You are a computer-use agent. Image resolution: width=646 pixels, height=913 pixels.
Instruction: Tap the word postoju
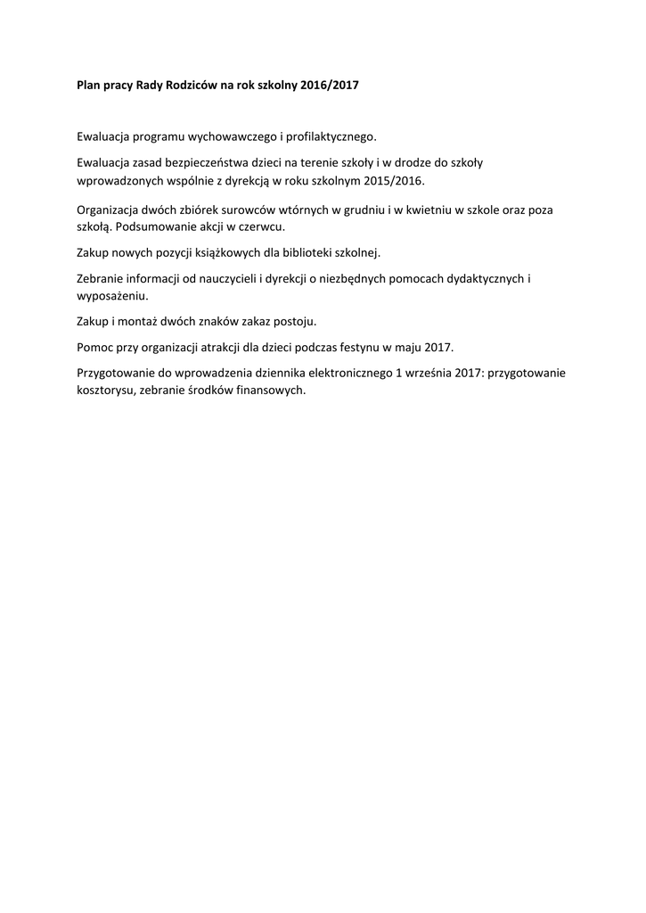(296, 321)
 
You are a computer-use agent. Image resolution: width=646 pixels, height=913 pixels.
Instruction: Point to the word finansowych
(267, 391)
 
